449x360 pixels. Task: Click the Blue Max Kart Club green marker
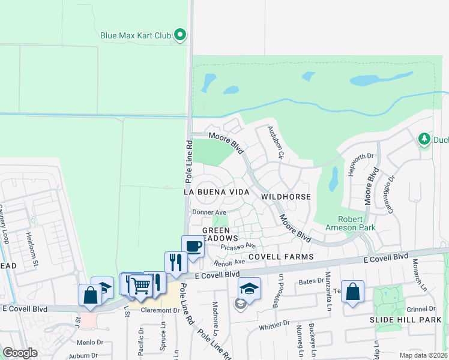click(x=179, y=35)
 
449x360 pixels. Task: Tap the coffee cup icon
click(x=193, y=247)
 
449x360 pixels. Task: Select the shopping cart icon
click(x=140, y=286)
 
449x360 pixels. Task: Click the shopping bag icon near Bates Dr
click(x=352, y=292)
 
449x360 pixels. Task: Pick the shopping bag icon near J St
click(x=90, y=296)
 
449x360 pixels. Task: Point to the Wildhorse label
click(x=286, y=197)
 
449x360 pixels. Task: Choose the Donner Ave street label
click(x=209, y=212)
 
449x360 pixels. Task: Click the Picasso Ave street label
click(x=238, y=246)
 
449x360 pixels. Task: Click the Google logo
click(x=20, y=353)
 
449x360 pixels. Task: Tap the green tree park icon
click(x=424, y=140)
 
